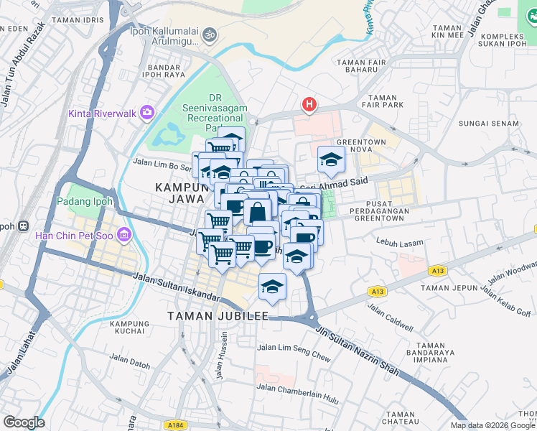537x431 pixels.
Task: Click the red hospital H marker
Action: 309,106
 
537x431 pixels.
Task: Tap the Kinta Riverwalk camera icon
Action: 148,112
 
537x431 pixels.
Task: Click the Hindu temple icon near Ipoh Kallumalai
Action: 210,34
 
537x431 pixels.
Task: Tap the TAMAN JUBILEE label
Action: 218,316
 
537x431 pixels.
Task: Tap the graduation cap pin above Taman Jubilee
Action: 272,287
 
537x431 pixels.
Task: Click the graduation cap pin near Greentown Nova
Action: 330,159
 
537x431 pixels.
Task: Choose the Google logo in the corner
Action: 24,422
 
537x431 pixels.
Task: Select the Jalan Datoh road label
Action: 130,361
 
